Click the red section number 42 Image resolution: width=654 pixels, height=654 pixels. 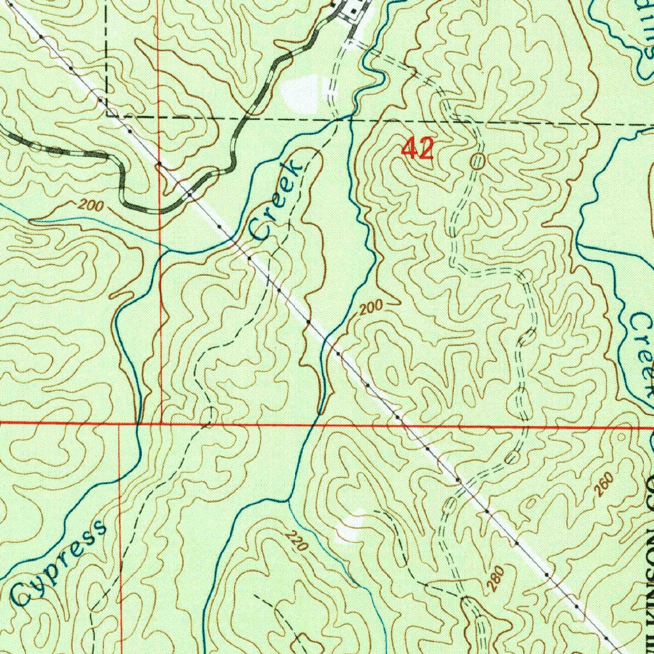418,149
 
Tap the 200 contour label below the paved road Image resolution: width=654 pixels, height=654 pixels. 91,206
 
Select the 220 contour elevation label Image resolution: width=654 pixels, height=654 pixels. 293,542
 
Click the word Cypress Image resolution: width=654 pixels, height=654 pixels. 59,563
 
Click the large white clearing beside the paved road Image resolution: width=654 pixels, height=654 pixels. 300,93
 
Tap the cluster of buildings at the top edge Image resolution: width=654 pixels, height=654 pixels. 349,9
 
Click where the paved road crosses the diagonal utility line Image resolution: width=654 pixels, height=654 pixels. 190,194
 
